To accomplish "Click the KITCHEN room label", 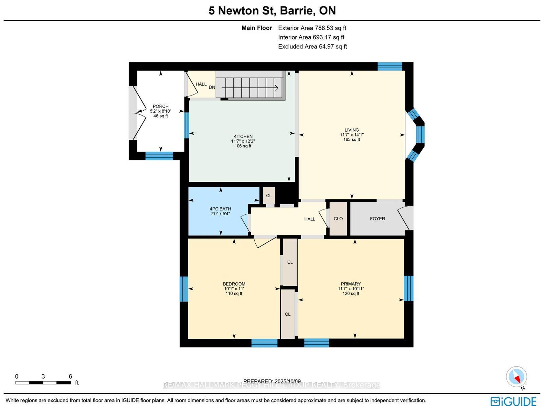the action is [x=243, y=136].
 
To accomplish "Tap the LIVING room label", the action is [x=352, y=130].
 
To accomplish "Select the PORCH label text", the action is [x=161, y=107].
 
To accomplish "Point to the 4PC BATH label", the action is [x=220, y=209].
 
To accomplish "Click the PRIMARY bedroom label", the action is [x=351, y=284].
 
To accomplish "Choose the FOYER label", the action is [x=378, y=218].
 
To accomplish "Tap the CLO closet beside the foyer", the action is [x=338, y=218].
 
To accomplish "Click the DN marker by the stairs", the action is [x=212, y=87].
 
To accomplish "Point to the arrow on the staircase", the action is [x=250, y=87].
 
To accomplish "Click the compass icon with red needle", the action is [x=516, y=377].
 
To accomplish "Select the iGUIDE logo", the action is [x=514, y=401].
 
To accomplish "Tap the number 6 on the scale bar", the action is [x=70, y=376].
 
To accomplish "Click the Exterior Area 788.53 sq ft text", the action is [x=312, y=28].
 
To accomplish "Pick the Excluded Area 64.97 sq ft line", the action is [x=313, y=46].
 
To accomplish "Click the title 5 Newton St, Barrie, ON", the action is [x=272, y=11].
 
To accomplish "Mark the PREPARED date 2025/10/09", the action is [x=272, y=381].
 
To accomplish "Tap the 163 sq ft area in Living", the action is [x=352, y=139].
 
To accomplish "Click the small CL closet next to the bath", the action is [x=269, y=195].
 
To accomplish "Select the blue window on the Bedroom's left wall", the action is [x=184, y=289].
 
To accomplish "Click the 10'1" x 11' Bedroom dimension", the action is [x=234, y=289].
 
